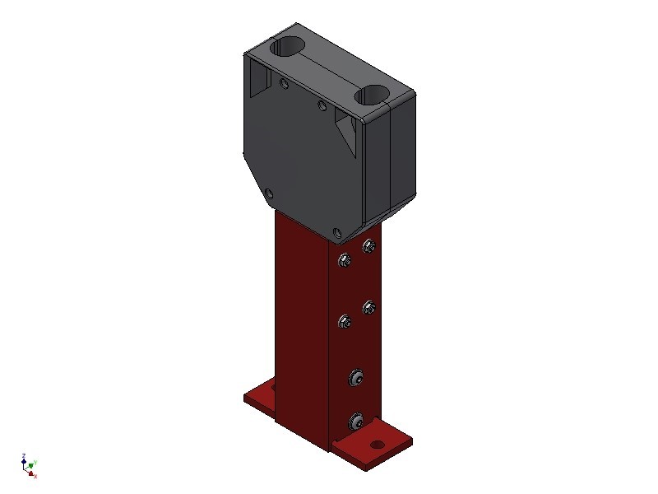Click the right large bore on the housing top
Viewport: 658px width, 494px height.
pos(373,96)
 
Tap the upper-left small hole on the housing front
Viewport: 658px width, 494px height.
pos(284,83)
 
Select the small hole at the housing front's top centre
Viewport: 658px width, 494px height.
pos(322,105)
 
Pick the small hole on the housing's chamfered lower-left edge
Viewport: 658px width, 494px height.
pos(267,194)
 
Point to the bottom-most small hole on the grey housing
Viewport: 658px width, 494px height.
pos(336,232)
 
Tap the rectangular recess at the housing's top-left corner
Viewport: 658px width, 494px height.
pos(260,78)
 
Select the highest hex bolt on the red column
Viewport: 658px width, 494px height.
pos(368,245)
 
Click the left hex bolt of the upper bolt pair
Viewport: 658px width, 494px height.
pos(344,262)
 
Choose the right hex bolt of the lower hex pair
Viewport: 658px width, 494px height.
pos(368,308)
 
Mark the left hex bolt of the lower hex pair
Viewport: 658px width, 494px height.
pos(344,322)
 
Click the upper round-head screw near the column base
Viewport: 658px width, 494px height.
pos(355,378)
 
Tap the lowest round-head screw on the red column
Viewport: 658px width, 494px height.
pos(355,422)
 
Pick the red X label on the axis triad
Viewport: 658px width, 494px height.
pos(35,476)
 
